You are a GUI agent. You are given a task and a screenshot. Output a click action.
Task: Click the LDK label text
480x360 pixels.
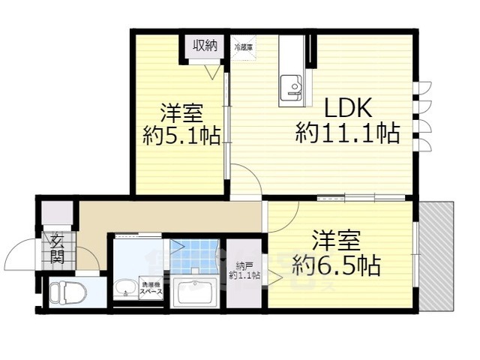(347, 108)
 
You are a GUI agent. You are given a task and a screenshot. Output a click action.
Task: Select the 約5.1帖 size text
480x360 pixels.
(181, 136)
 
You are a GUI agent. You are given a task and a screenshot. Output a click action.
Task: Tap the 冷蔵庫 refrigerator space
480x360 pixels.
(244, 47)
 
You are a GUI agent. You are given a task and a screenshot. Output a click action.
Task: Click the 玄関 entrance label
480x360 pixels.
(58, 250)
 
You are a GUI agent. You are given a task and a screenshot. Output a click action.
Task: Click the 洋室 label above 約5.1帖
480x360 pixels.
(181, 114)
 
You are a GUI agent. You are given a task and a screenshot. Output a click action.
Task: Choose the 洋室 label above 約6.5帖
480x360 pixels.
(336, 241)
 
